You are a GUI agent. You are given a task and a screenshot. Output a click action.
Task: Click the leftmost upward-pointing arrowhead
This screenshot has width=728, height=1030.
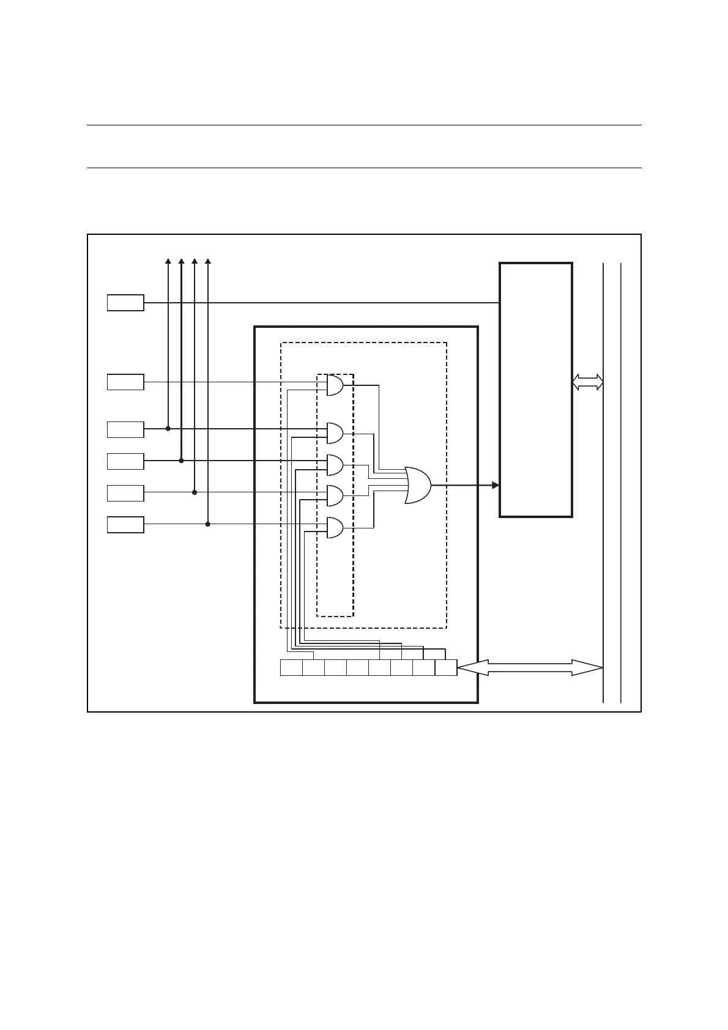tap(168, 262)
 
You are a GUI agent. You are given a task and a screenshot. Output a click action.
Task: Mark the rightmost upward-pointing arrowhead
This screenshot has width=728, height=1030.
tap(208, 262)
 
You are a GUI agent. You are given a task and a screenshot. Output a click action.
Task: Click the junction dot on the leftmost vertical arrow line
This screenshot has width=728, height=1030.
tap(168, 429)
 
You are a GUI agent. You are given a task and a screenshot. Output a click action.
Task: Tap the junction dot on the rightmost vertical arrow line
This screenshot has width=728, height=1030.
tap(208, 524)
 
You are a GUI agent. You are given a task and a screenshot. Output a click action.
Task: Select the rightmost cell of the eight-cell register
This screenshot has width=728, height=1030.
tap(446, 668)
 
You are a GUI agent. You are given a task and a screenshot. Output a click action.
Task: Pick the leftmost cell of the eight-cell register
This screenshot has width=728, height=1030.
tap(291, 668)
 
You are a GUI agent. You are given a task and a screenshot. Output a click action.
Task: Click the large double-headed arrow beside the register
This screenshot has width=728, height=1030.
tap(530, 668)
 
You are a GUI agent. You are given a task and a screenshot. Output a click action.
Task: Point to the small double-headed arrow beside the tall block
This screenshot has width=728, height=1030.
tap(587, 383)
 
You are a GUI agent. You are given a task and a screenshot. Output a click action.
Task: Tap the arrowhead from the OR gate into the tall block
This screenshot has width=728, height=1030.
tap(496, 486)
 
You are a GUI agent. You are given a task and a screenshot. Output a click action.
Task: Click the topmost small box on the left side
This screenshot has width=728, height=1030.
tap(125, 303)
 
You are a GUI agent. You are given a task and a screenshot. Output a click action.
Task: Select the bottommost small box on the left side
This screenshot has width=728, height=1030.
tap(125, 525)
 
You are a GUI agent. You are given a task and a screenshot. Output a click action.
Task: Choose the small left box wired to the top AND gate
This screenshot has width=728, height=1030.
tap(125, 382)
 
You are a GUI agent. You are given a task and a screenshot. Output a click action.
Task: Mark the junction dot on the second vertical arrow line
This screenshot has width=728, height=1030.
tap(181, 461)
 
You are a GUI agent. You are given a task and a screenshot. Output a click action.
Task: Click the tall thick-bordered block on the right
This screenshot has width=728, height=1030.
tap(536, 390)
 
